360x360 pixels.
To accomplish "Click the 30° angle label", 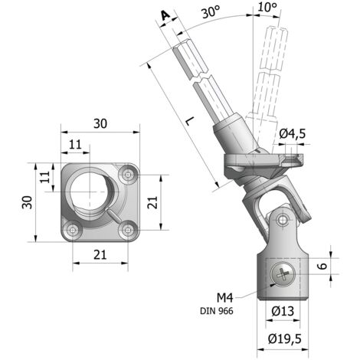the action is tap(211, 12).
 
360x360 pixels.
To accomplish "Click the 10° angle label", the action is tap(267, 7).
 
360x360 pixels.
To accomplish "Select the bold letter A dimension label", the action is tap(165, 15).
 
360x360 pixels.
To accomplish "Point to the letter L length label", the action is tap(190, 121).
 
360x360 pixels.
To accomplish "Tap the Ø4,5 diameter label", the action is tap(292, 134).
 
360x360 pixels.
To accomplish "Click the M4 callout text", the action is tap(225, 297).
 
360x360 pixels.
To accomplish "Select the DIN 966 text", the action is tap(217, 311).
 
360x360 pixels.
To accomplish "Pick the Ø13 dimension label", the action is tap(283, 311).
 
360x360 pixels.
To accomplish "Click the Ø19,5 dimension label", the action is tap(285, 339).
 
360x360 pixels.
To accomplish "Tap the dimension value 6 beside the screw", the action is tap(323, 266).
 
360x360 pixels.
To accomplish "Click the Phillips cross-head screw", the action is tap(283, 274).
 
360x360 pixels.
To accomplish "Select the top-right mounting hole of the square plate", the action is tap(128, 175).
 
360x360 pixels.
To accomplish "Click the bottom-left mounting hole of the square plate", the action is tap(73, 231).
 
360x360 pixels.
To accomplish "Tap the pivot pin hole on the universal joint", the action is tap(282, 219).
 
